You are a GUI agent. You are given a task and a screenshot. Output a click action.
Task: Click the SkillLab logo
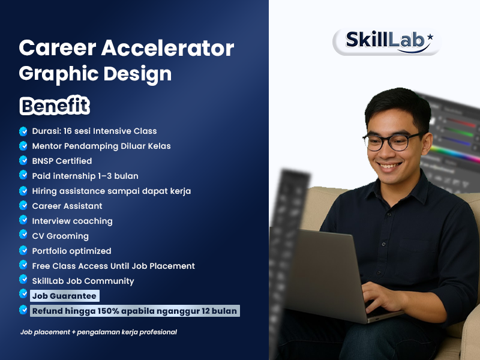tap(386, 41)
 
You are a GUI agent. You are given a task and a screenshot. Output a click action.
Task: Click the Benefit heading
tap(55, 106)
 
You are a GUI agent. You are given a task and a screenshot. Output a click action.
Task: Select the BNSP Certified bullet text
tap(62, 161)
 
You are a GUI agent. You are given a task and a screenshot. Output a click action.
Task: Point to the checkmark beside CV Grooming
tap(23, 236)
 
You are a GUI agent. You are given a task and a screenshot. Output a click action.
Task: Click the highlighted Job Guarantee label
tap(64, 296)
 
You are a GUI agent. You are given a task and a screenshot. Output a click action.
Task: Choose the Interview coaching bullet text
tap(72, 221)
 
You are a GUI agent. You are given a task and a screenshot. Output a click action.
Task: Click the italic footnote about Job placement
tap(98, 332)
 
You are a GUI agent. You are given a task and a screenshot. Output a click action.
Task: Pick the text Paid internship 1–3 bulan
tap(85, 176)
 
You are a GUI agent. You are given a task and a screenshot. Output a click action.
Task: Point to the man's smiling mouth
tap(392, 165)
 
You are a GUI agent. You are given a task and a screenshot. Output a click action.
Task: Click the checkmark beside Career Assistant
tap(23, 206)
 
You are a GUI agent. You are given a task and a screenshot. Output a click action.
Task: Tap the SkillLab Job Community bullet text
tap(83, 281)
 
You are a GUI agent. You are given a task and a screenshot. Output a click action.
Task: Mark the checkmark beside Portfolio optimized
tap(23, 251)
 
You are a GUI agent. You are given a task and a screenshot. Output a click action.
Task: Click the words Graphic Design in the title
tap(95, 73)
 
